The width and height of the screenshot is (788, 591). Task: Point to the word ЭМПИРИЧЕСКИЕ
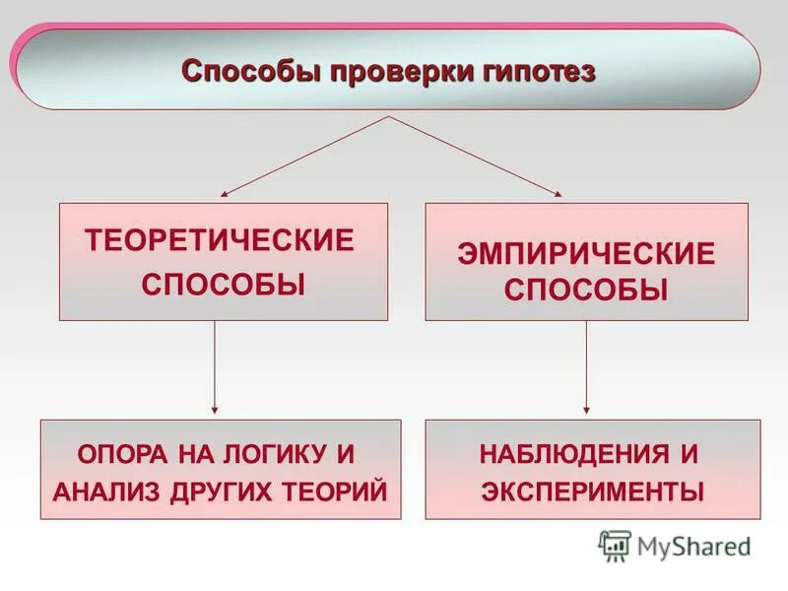coord(586,253)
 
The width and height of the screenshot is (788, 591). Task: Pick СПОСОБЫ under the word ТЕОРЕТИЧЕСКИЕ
coord(223,286)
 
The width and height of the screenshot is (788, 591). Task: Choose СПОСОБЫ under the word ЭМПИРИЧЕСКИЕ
coord(586,291)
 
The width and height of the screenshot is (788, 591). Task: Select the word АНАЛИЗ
coord(98,491)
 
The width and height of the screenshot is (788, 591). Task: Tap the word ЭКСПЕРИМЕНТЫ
coord(593,491)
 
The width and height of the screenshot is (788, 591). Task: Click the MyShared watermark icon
coord(615,545)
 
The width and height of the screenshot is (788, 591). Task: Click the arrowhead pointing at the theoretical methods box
coord(225,195)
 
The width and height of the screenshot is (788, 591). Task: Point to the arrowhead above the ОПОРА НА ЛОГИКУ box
coord(215,410)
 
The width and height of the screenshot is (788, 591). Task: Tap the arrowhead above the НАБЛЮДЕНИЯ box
coord(587,410)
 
